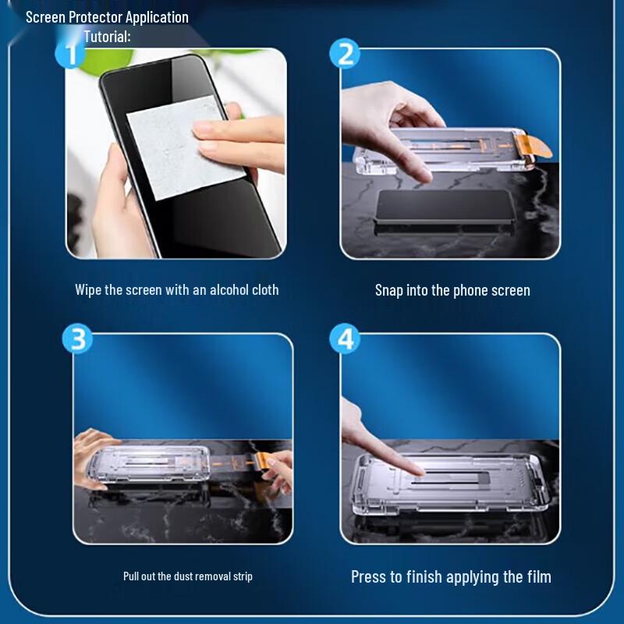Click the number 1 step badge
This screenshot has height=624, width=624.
70,53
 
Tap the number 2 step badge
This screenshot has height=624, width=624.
345,53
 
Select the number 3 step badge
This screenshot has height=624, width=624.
77,339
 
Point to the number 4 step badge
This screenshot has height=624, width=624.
345,339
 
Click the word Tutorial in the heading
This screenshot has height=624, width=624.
107,37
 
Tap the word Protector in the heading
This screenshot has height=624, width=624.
95,17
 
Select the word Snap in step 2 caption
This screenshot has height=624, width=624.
389,291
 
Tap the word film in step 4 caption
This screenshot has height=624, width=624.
540,576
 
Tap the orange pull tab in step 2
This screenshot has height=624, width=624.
534,146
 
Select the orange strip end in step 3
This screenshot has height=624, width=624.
261,462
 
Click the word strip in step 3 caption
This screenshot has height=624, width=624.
244,576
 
